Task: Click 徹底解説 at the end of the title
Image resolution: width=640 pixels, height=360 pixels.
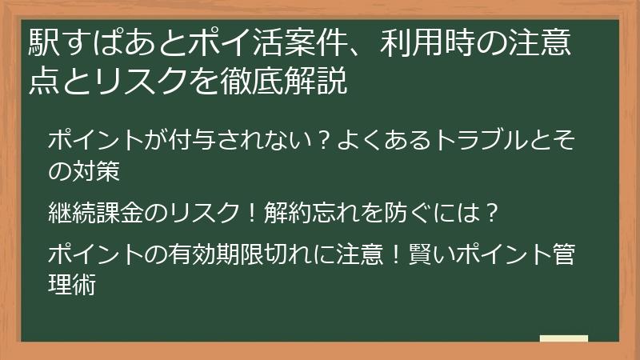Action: [284, 80]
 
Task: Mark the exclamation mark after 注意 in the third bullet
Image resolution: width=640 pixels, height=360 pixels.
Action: [394, 254]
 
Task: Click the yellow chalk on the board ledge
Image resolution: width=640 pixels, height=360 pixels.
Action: [564, 338]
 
